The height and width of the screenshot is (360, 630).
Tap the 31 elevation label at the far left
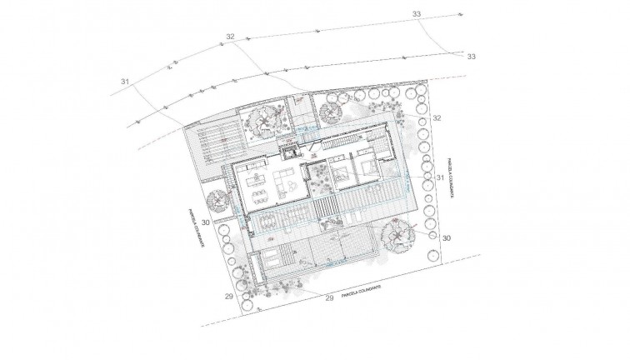(126, 82)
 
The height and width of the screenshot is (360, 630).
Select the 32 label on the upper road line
(231, 37)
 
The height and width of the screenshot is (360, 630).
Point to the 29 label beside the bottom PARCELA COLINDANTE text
(328, 297)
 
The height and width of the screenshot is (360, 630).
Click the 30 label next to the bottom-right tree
(446, 237)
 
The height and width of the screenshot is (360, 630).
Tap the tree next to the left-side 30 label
(218, 202)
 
